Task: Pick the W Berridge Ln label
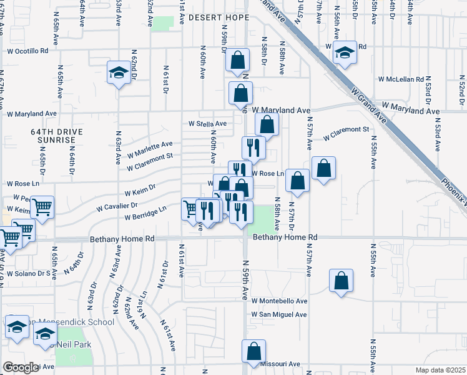(145, 214)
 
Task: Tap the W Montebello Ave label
(280, 301)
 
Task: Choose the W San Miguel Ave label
(279, 314)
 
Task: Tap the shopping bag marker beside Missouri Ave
(253, 352)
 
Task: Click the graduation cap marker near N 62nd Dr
(118, 73)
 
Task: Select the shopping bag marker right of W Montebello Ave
(341, 281)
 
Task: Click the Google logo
(21, 367)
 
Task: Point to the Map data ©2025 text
(441, 370)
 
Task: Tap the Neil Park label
(74, 344)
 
